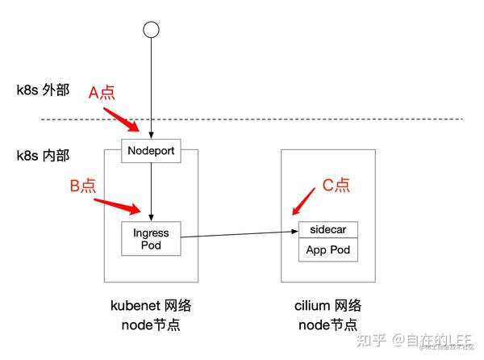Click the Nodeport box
click(x=151, y=150)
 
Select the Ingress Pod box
click(x=151, y=238)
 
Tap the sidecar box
click(x=327, y=229)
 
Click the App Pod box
click(x=327, y=249)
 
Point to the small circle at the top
click(x=150, y=29)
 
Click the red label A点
click(x=104, y=92)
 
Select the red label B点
click(x=83, y=186)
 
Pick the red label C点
click(x=336, y=185)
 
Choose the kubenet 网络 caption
click(x=151, y=306)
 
